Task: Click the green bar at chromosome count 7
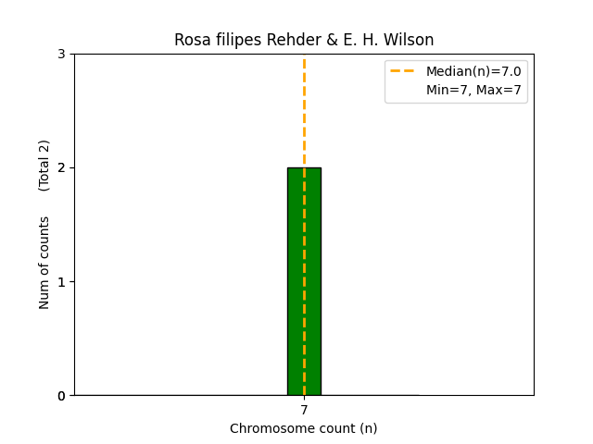(304, 282)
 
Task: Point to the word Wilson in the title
(411, 41)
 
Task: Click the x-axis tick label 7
(304, 410)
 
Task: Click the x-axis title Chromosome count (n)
(304, 428)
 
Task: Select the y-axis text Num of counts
(44, 263)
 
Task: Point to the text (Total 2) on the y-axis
(44, 166)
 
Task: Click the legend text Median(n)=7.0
(473, 71)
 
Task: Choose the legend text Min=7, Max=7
(473, 90)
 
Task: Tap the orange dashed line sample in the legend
(403, 71)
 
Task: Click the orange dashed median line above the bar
(304, 111)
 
